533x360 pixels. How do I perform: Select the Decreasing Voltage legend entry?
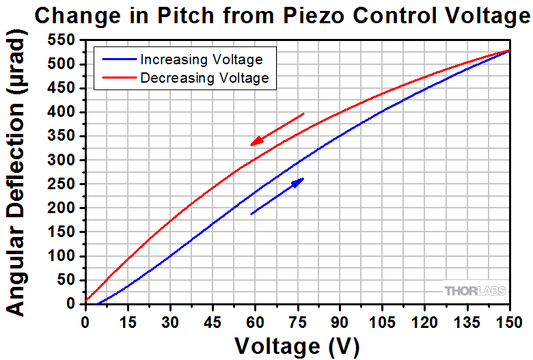pyautogui.click(x=204, y=78)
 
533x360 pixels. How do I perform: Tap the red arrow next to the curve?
pyautogui.click(x=277, y=129)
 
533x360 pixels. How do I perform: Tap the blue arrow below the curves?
pyautogui.click(x=277, y=196)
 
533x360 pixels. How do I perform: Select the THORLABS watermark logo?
pyautogui.click(x=476, y=291)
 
